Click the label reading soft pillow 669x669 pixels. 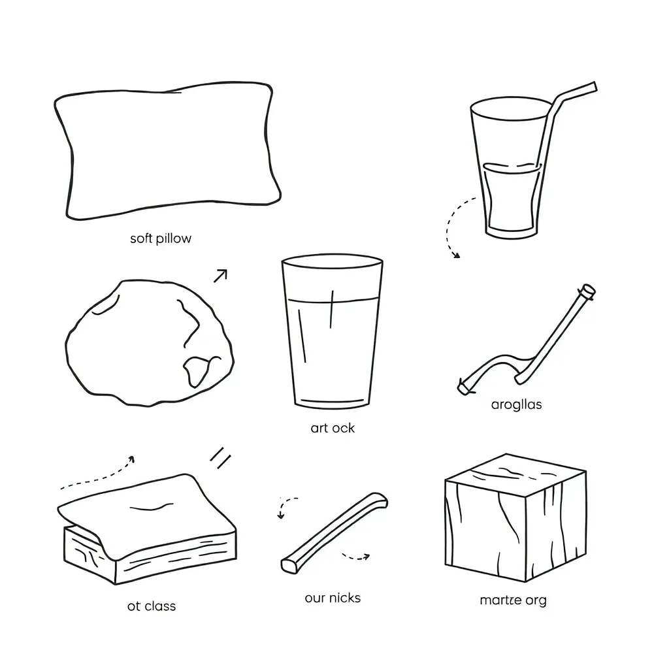(161, 238)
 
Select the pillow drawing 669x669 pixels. (167, 152)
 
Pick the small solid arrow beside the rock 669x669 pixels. (220, 276)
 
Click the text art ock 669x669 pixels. (333, 428)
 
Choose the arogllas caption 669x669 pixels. (516, 404)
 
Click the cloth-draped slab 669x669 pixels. (147, 529)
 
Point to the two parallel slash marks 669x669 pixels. (220, 459)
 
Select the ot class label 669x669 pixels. (151, 606)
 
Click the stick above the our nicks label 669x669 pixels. (334, 532)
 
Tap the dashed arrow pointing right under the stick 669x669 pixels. (356, 557)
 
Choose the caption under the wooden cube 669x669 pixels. (513, 600)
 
